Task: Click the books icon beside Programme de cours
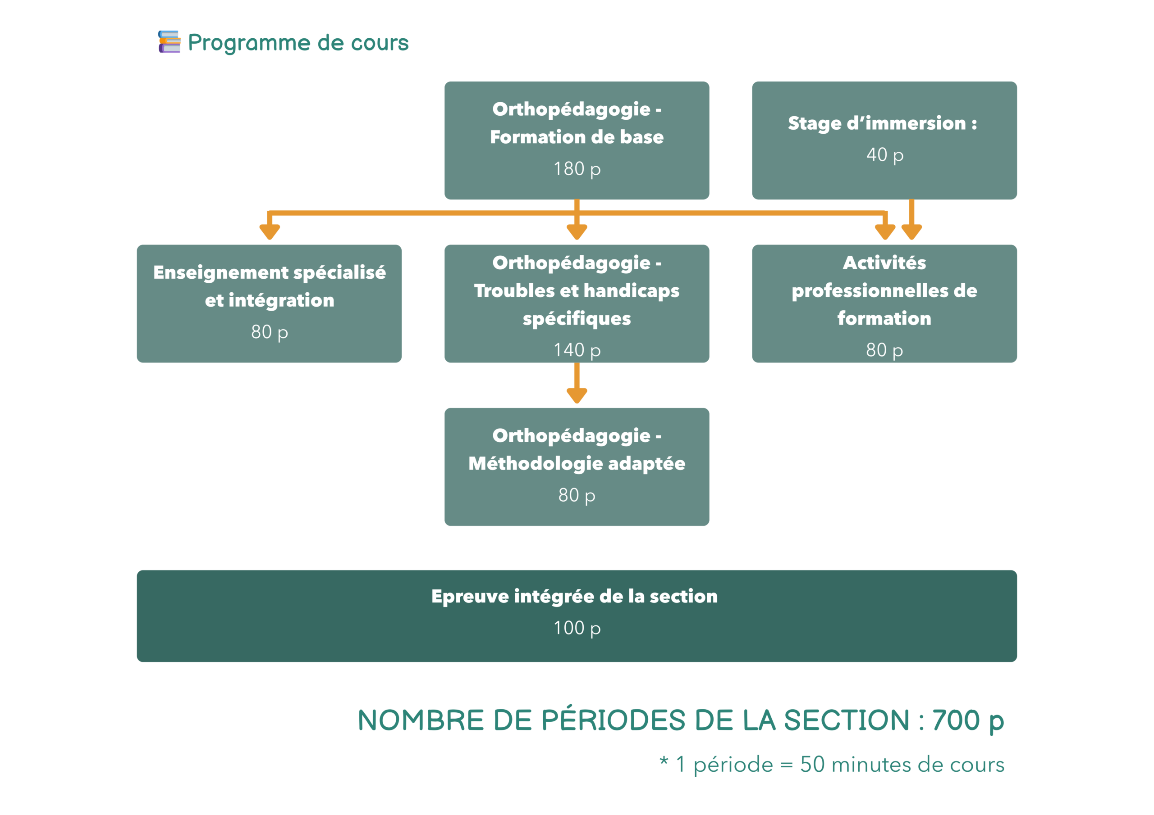point(169,42)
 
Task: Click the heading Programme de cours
point(298,43)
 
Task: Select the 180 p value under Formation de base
point(577,169)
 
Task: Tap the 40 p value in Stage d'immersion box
point(884,155)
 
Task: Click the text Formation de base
point(577,137)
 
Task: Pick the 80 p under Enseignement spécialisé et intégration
point(270,332)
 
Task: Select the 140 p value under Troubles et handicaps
point(577,350)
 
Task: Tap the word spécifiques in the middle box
point(577,319)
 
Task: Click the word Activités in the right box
point(884,263)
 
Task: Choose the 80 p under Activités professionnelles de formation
point(884,350)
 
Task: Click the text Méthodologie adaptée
point(577,463)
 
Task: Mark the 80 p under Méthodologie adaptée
point(577,496)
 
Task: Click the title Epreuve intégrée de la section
point(574,597)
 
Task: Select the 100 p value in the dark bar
point(577,628)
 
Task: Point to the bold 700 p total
point(967,721)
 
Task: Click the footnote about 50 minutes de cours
point(832,765)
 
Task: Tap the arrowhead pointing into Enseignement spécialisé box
point(270,231)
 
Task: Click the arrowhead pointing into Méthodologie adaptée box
point(577,395)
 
